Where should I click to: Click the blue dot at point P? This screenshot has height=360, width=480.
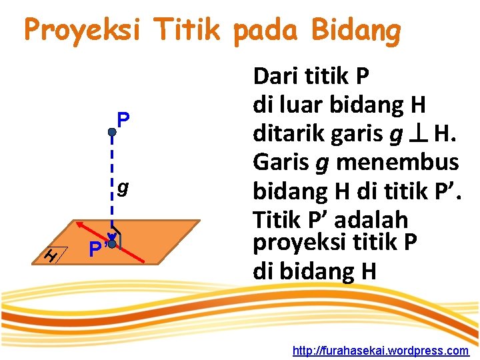click(x=112, y=133)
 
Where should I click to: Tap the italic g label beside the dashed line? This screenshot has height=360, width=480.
click(x=123, y=189)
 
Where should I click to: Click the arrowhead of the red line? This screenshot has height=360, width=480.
click(x=77, y=225)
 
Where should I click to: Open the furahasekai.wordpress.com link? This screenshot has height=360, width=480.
click(x=381, y=350)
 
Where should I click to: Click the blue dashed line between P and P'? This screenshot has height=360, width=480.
click(x=112, y=180)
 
